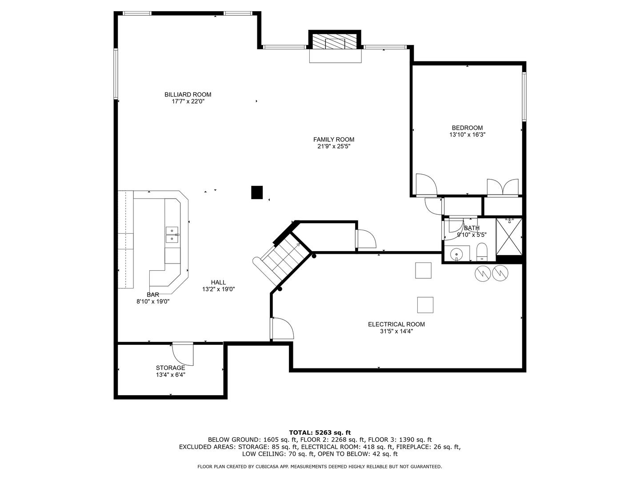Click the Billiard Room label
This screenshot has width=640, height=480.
tap(188, 94)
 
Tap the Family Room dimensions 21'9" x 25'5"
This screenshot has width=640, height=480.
tap(333, 146)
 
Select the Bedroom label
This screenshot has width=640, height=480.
tap(467, 128)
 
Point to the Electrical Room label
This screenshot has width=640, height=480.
tap(396, 324)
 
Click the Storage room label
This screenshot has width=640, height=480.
tap(170, 368)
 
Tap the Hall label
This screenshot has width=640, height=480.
tap(218, 282)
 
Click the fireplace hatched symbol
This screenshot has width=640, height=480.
tap(335, 42)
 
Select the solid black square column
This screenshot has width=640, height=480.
tap(257, 192)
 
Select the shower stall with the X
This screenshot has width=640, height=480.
tap(509, 236)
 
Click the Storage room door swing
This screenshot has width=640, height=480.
tap(183, 353)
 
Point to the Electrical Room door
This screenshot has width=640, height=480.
tap(282, 329)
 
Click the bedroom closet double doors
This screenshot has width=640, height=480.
tap(503, 187)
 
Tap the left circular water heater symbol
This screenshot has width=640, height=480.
tap(482, 273)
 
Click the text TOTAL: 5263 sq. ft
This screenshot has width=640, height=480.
tap(320, 432)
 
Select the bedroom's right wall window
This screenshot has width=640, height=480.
tap(524, 96)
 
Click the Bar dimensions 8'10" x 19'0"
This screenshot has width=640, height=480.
tap(153, 301)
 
